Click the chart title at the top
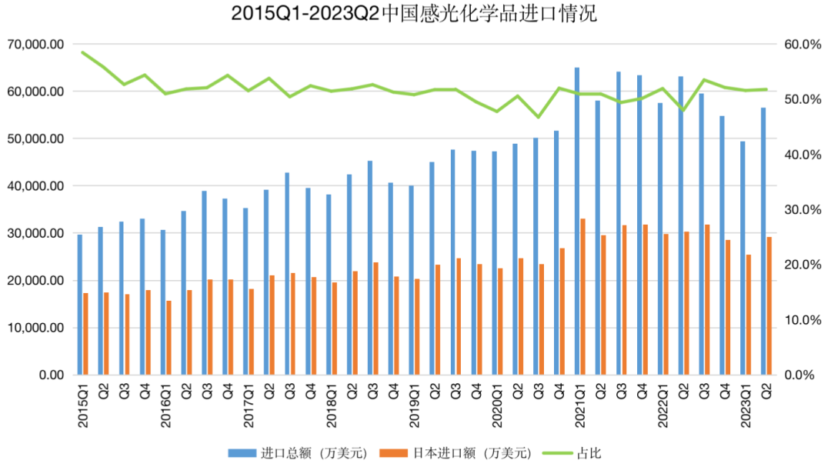coord(415,15)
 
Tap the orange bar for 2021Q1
coord(582,297)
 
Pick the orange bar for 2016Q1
coord(169,338)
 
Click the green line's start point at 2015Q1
coord(82,52)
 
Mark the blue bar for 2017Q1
coord(245,292)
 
